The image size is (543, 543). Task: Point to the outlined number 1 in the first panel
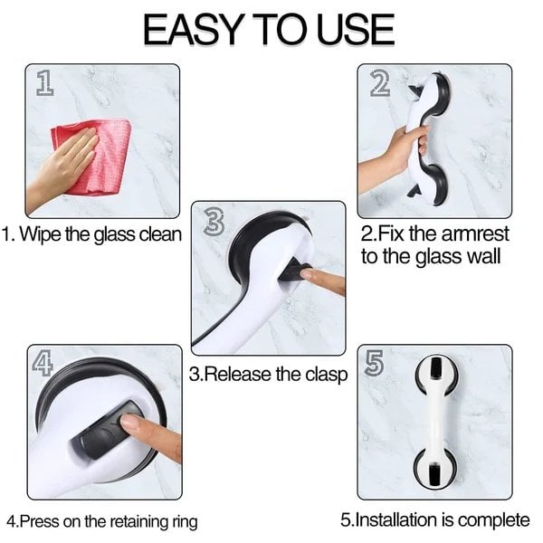pyautogui.click(x=44, y=82)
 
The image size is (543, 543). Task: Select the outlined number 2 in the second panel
pyautogui.click(x=379, y=83)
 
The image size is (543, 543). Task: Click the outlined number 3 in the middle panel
pyautogui.click(x=214, y=222)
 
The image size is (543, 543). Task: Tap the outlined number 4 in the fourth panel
pyautogui.click(x=43, y=363)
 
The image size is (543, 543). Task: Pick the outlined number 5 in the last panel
pyautogui.click(x=374, y=363)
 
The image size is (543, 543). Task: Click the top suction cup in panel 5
pyautogui.click(x=436, y=376)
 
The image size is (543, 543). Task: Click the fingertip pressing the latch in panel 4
pyautogui.click(x=129, y=423)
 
